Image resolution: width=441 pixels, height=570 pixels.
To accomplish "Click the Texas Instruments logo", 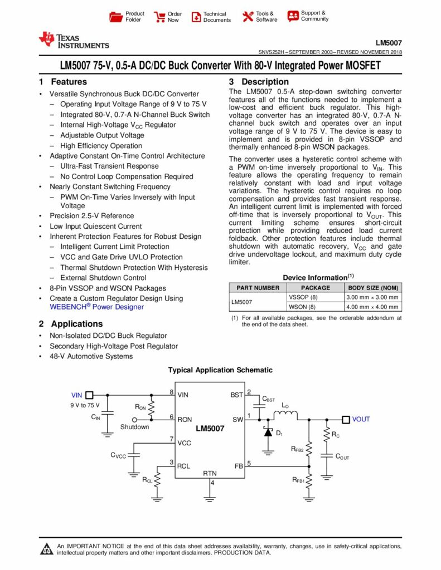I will click(x=74, y=40).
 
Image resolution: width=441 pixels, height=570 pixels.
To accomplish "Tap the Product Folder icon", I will click(x=115, y=17).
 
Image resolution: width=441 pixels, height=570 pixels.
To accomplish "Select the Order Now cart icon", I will click(x=159, y=17).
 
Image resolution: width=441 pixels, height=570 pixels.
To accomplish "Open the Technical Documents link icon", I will click(x=196, y=17).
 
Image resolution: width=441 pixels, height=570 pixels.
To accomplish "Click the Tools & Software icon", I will click(x=248, y=17).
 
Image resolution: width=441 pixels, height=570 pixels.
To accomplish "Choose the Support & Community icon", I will click(x=293, y=16).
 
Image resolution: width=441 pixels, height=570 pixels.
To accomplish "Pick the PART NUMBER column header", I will click(x=258, y=288).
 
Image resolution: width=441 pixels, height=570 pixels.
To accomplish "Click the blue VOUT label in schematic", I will click(x=361, y=419).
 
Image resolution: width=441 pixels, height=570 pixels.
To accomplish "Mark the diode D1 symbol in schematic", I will click(x=268, y=432).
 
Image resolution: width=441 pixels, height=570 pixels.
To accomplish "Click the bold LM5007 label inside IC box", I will click(x=210, y=429).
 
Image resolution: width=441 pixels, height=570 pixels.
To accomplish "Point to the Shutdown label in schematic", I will click(x=135, y=427).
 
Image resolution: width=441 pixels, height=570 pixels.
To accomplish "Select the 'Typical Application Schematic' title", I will click(x=220, y=370).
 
